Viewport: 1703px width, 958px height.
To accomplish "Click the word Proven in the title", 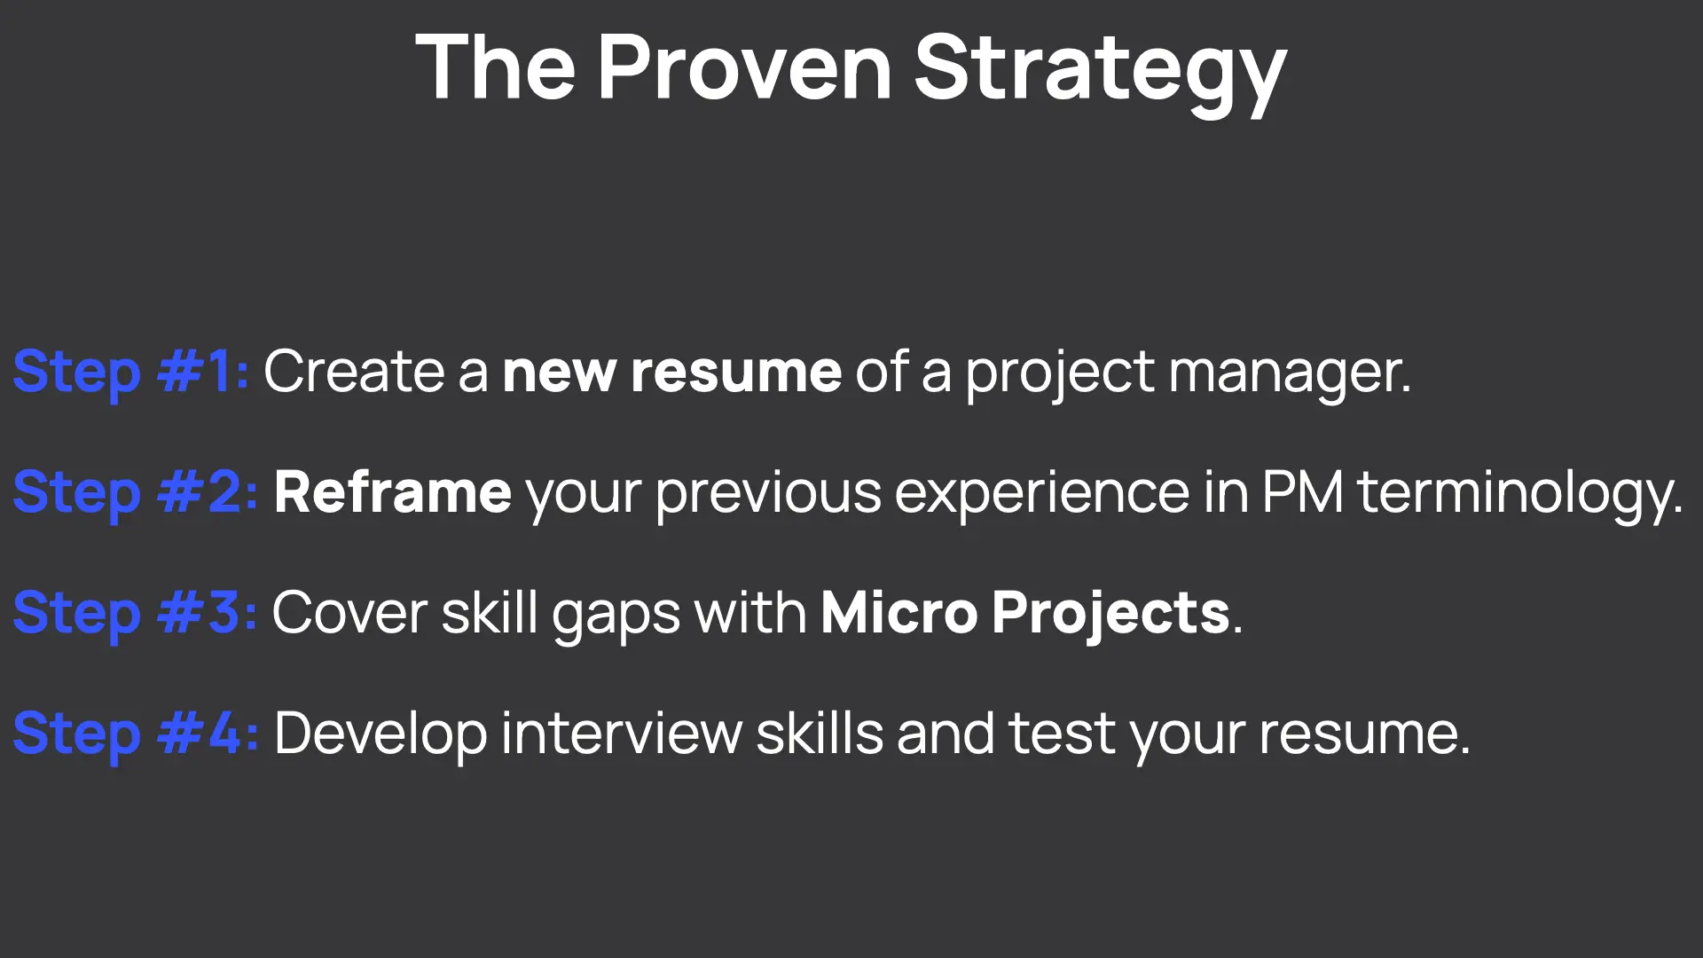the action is coord(744,67).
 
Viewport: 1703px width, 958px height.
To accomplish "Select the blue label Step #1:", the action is coord(130,372).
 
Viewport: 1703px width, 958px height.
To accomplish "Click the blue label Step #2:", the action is coord(136,493).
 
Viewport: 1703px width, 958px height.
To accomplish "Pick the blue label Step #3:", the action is coord(135,614).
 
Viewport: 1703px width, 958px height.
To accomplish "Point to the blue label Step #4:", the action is coord(136,734).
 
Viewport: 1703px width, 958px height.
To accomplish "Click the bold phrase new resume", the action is coord(671,372).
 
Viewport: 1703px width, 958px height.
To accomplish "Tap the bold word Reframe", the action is coord(393,491).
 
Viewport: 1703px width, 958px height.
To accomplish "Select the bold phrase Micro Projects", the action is coord(1025,614).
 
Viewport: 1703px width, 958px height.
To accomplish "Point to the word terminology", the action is coord(1519,495).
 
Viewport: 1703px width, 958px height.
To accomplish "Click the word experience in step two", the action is coord(1042,496).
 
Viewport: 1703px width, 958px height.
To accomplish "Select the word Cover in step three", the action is coord(350,614).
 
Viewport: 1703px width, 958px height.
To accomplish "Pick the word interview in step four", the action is coord(622,734).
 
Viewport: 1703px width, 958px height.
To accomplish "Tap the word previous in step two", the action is coord(768,496).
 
